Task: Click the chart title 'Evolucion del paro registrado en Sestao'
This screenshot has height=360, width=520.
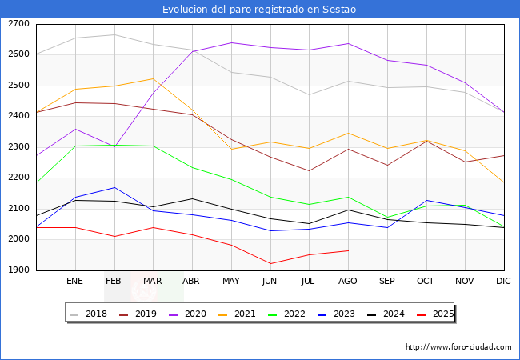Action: (x=259, y=10)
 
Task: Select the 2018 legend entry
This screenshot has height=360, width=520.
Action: (x=89, y=314)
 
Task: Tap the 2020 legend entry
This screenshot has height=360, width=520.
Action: (x=188, y=314)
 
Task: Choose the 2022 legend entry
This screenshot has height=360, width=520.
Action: (x=287, y=314)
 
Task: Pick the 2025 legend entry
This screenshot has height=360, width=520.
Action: (x=435, y=314)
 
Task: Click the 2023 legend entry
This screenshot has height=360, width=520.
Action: (x=336, y=314)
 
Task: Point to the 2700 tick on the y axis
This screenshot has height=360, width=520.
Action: (x=18, y=24)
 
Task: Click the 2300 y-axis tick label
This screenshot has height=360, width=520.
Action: (x=18, y=146)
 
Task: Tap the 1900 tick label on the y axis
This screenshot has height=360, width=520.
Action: (x=18, y=270)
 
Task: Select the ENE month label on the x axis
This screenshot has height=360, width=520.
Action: (x=74, y=281)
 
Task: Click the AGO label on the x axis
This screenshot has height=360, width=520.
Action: (x=347, y=281)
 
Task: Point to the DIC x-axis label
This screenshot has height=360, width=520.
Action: (x=503, y=281)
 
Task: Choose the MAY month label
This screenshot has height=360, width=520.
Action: (x=231, y=281)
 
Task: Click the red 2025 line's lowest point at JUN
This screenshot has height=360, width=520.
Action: (x=270, y=264)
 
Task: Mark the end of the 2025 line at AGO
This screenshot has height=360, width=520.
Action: (x=348, y=250)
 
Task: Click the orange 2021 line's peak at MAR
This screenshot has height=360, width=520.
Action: (x=154, y=78)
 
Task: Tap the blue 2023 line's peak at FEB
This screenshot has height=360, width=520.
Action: (x=114, y=188)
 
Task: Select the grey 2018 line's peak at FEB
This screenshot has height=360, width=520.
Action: (x=114, y=34)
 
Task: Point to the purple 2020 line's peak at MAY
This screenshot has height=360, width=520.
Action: (x=231, y=42)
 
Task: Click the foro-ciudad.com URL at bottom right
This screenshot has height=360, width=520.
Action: (x=458, y=347)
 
